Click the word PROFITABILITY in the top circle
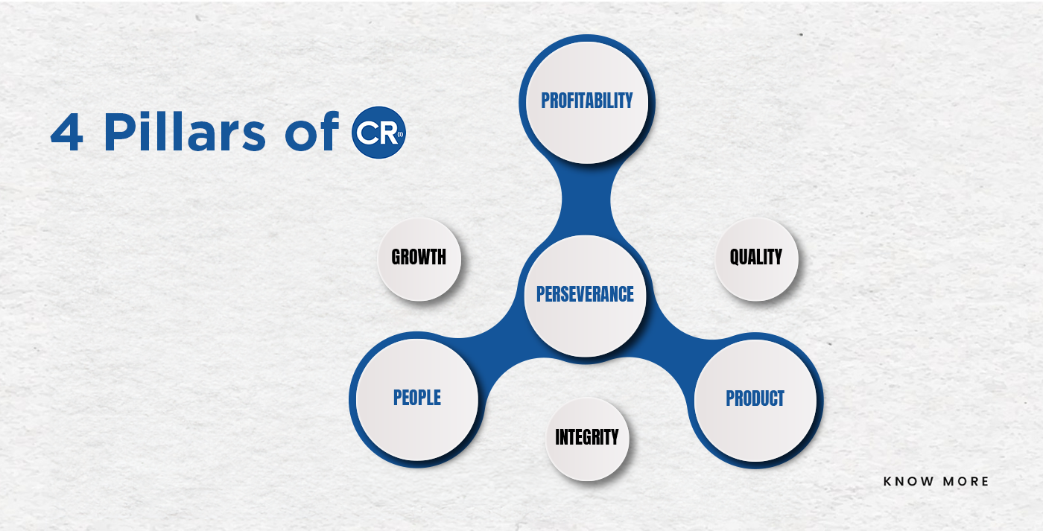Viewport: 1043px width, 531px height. pos(587,101)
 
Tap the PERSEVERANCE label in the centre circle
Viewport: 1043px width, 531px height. pos(585,294)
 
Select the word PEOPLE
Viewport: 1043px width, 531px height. pos(416,398)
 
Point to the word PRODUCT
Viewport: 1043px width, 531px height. pos(755,398)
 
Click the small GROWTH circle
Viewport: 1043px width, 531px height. pos(419,259)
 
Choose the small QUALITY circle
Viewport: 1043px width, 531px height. pos(756,259)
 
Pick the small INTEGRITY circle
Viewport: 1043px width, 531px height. pos(587,439)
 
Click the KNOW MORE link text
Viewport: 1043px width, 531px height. pos(936,481)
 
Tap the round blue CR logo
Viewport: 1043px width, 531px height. pos(378,133)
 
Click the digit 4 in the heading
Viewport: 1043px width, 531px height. pos(67,132)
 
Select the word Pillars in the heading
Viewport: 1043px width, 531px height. pos(185,131)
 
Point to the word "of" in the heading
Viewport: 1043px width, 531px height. pos(312,131)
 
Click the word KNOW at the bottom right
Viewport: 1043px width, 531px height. pos(908,481)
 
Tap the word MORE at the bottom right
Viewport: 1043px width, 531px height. pos(966,481)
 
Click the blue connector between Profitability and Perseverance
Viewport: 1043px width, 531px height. pos(586,200)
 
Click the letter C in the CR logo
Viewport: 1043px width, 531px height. pos(367,133)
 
